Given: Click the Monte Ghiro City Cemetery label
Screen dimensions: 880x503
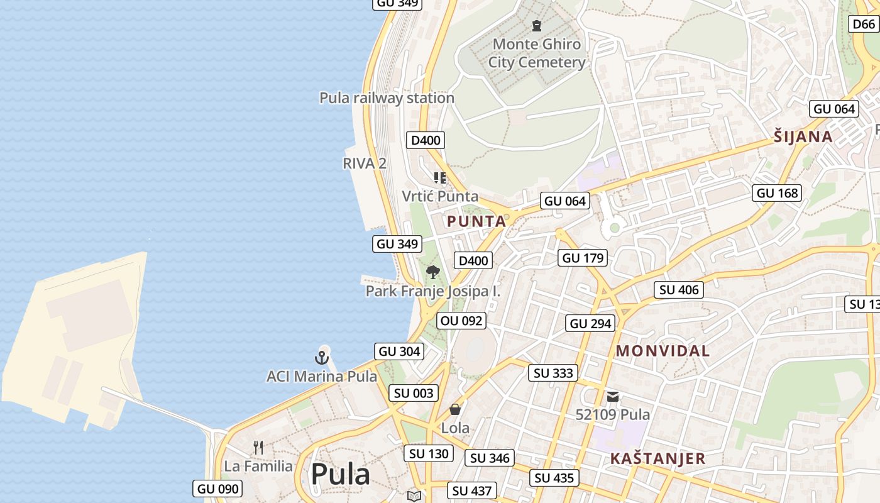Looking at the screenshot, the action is pos(537,53).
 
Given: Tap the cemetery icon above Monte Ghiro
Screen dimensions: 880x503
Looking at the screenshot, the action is pos(537,26).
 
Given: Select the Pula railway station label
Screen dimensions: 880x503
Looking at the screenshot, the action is pos(387,98).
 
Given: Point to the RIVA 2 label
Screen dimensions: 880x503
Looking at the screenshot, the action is pos(365,163).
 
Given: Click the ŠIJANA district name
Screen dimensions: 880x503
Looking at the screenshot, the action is pos(803,136).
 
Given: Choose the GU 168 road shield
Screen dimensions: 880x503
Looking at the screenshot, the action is pos(778,193).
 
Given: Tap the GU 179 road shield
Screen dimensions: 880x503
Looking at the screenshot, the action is pos(583,258).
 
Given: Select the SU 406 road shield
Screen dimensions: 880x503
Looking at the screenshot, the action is pos(678,290).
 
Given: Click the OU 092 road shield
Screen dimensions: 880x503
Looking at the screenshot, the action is pos(461,321).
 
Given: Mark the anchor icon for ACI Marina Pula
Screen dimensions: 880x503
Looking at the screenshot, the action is pos(322,358).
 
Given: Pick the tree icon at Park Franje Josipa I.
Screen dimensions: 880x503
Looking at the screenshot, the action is pos(432,272).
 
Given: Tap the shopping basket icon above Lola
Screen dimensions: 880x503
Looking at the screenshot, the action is pos(455,409).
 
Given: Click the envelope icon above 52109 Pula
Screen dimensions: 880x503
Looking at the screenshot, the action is pos(613,397).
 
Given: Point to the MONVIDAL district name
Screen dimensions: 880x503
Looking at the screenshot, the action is pos(663,351).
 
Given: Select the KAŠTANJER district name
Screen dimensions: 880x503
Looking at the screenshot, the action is pos(657,458).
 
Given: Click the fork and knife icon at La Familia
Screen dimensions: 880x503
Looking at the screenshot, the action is pos(258,448).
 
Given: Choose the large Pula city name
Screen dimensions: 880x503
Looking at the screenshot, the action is pos(340,474).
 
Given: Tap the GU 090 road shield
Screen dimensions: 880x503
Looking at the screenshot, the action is pos(217,489).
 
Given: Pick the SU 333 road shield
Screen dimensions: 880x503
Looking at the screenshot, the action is pos(553,373).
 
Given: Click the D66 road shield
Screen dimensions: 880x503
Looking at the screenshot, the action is pos(864,24).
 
